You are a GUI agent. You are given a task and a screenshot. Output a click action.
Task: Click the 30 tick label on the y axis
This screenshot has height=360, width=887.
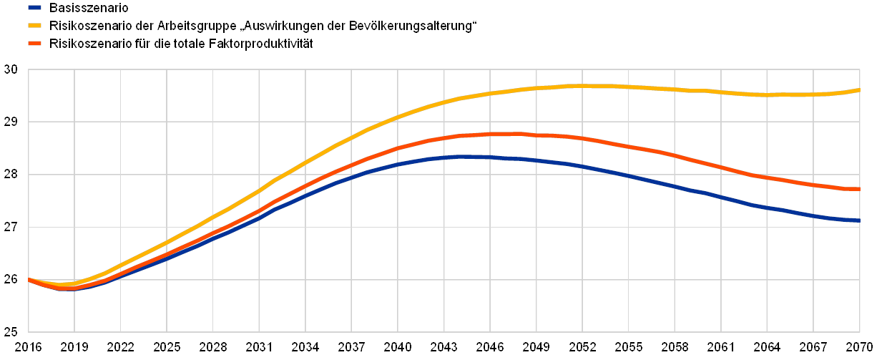pos(10,70)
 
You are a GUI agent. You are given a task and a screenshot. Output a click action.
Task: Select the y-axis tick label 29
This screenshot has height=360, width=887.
pos(10,122)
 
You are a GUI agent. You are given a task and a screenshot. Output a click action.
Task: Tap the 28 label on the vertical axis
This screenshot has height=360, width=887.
pos(10,175)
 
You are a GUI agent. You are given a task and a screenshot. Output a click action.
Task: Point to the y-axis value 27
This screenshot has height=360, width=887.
pos(10,228)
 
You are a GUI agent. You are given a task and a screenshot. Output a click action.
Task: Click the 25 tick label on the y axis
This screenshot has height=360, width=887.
pos(10,332)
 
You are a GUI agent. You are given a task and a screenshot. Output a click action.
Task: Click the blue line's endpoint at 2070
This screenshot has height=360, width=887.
pos(858,220)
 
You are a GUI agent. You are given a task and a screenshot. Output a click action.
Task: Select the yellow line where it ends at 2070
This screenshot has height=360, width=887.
pos(858,90)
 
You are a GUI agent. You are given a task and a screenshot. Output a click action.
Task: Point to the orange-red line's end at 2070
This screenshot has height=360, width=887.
pos(858,189)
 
